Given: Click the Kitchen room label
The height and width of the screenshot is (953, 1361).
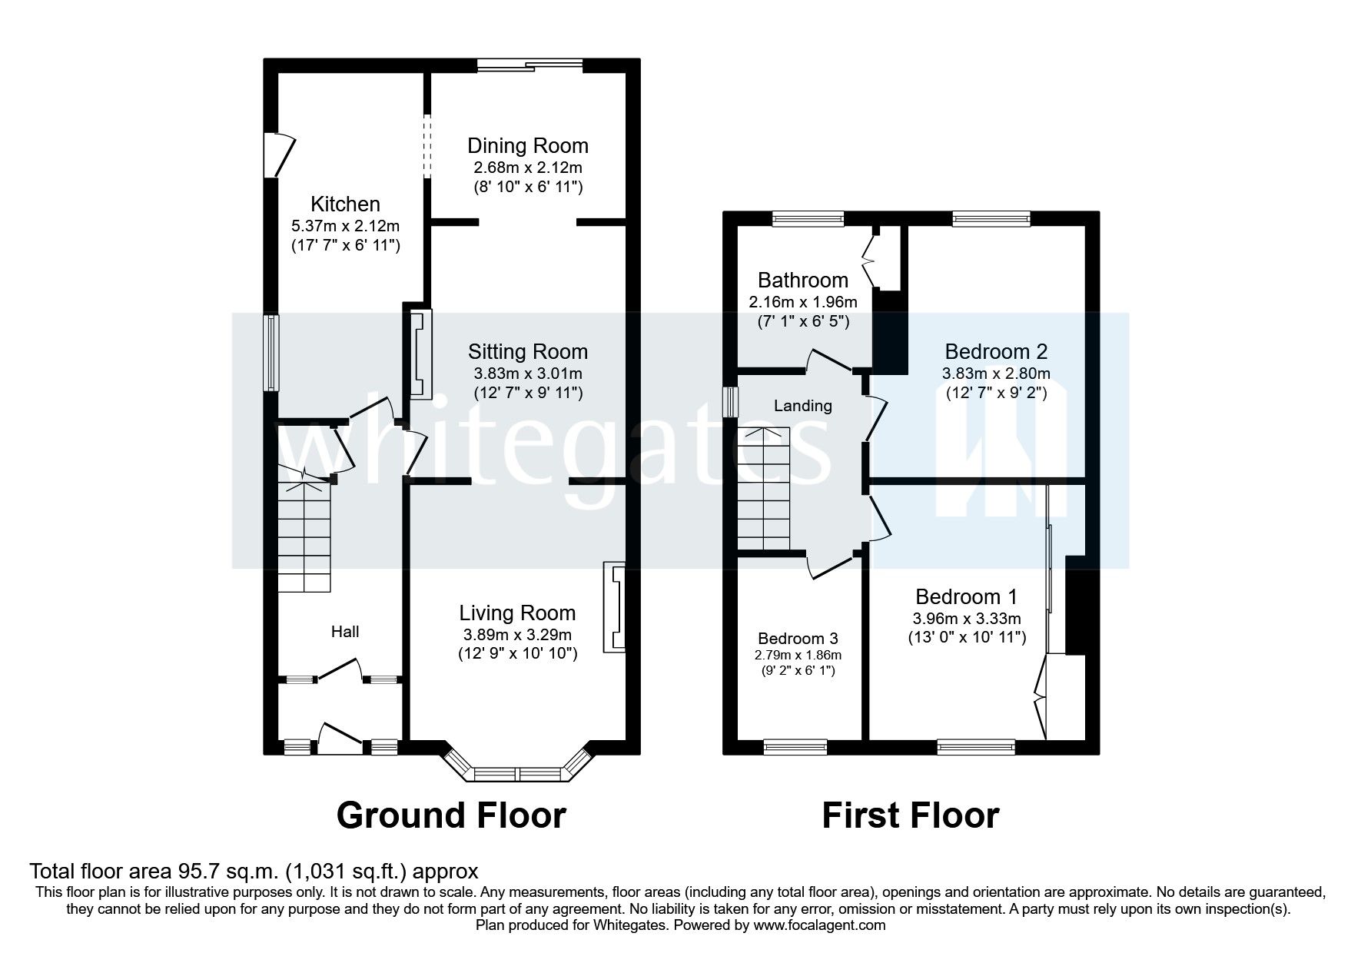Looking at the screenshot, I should point(345,204).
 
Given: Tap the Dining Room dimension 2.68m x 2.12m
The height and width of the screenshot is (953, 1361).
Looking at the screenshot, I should point(526,168).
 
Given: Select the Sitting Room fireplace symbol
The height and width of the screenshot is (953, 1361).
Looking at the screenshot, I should point(420,354).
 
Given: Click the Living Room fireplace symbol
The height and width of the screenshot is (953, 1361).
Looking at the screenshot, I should point(615,607).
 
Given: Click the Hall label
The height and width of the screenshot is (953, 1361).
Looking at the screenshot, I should point(345,632).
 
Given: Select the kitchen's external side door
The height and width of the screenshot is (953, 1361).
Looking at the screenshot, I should point(278,155).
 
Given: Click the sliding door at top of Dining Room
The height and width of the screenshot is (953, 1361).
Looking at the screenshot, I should point(530,66).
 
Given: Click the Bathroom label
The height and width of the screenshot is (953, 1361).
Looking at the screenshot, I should point(803,280).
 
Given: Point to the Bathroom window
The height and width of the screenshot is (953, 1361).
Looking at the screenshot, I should point(808,219).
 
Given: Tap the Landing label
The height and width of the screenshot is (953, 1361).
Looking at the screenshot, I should point(802,406).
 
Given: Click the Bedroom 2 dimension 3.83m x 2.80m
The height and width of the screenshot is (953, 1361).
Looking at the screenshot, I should point(996,374).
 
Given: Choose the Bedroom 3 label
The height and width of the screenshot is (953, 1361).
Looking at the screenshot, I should point(798,639).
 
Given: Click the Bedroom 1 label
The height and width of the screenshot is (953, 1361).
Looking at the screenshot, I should point(966,596).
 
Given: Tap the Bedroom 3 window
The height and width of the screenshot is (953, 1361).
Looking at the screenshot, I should point(795,745).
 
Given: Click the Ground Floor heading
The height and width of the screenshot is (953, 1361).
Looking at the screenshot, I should point(451,815).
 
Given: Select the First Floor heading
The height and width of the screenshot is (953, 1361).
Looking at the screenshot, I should point(910,815).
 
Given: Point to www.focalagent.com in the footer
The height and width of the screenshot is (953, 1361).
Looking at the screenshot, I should point(819,925).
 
